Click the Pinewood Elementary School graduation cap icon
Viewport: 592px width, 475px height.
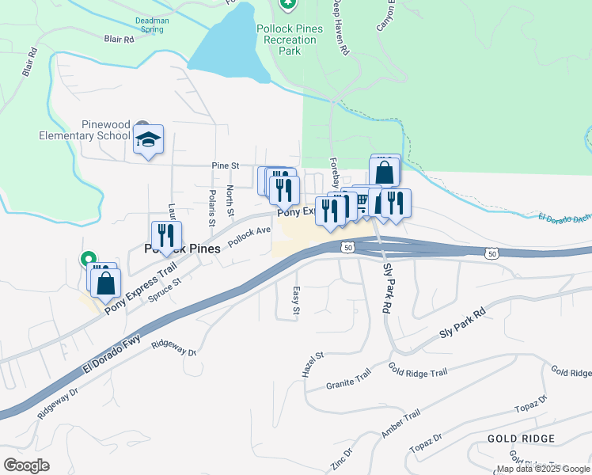point(148,140)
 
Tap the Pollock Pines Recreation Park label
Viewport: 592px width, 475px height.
point(290,39)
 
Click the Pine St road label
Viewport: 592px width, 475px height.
point(226,165)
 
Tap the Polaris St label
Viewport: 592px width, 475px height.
point(212,203)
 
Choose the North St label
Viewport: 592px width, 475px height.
point(230,200)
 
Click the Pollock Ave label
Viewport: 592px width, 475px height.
point(249,237)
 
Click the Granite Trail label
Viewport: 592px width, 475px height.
point(348,382)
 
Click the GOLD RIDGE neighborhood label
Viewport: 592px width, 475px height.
point(521,439)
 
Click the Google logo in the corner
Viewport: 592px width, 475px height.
point(26,465)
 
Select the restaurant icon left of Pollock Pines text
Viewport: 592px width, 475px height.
point(166,236)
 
